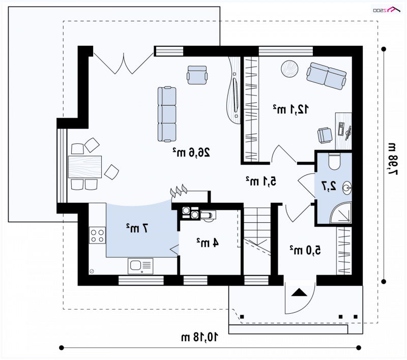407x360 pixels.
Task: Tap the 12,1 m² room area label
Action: [x=290, y=109]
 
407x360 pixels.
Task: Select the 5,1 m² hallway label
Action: [x=261, y=181]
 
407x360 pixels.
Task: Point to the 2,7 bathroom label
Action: [x=329, y=186]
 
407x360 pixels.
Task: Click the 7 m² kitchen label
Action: [x=137, y=228]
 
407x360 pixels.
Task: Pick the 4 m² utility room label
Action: [x=208, y=242]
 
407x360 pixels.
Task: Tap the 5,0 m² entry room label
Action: [x=305, y=250]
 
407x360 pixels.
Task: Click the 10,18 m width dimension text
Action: [x=199, y=337]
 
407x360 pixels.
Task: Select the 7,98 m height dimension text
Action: [x=392, y=159]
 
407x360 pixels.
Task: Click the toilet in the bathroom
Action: [x=334, y=161]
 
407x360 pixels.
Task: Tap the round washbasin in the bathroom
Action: [x=347, y=188]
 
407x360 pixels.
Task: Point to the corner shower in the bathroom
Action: [x=341, y=213]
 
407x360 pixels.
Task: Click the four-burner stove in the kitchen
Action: [x=97, y=235]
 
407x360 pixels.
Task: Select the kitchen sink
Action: [x=140, y=266]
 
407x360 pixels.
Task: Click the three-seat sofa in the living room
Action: [x=167, y=114]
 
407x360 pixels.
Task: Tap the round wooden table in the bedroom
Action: [x=289, y=69]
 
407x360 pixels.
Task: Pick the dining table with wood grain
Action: [x=85, y=167]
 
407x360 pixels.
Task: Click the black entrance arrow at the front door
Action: [x=299, y=292]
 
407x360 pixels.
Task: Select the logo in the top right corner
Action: [x=387, y=10]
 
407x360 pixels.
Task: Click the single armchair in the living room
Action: [x=197, y=75]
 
